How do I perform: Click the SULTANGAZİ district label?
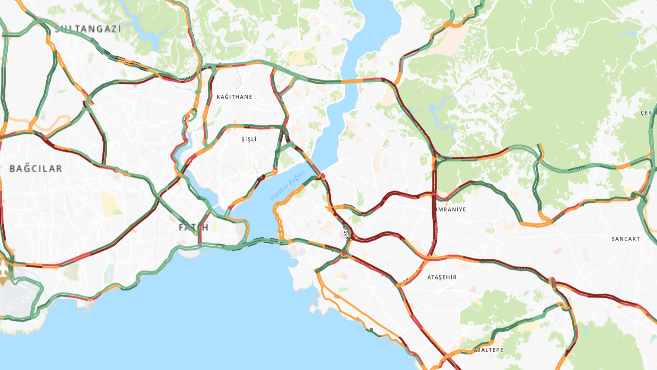coord(88,29)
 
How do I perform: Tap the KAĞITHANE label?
coord(234,97)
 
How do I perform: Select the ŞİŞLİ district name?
coord(249,139)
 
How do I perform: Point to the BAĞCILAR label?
coord(36,169)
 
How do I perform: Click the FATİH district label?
coord(193,227)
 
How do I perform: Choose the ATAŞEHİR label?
coord(442,277)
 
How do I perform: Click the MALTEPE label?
coord(489,350)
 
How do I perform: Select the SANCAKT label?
coord(625,239)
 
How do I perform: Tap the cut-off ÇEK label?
coord(646,113)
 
